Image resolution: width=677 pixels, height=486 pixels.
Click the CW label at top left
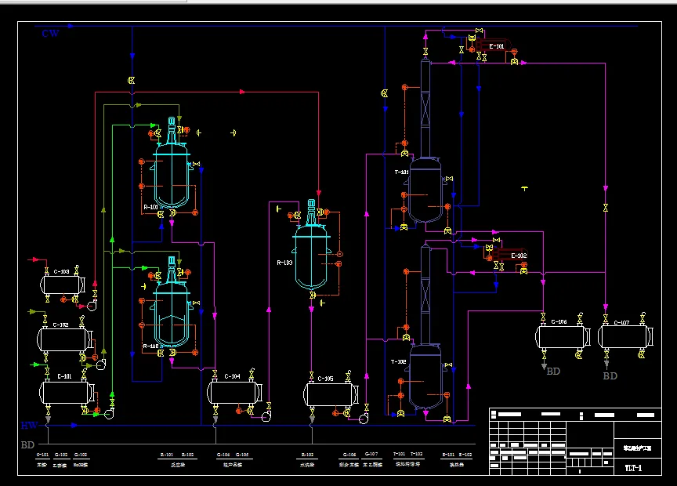[50, 33]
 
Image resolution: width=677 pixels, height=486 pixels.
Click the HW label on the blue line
[29, 426]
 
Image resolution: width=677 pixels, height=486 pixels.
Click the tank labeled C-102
[63, 339]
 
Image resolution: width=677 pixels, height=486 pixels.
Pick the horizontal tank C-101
[67, 392]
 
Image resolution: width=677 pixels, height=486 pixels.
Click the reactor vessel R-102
[172, 312]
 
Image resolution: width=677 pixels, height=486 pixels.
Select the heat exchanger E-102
[517, 256]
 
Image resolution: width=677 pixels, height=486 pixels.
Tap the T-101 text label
[400, 172]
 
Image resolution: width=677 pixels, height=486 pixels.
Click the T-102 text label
[399, 361]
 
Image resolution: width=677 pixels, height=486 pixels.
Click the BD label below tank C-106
[553, 372]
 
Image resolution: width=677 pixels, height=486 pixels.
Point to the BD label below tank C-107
[610, 376]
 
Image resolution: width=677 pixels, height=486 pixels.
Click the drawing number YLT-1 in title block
[632, 468]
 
